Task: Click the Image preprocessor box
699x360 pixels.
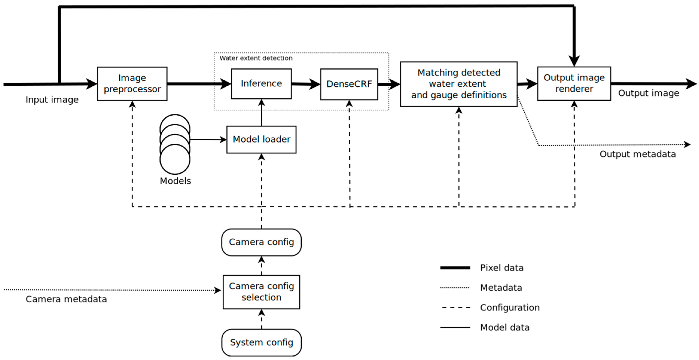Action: tap(132, 84)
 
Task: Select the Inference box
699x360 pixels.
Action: tap(261, 84)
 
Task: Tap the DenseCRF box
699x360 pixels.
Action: tap(349, 84)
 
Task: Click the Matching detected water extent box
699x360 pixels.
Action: tap(459, 84)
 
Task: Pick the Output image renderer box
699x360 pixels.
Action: tap(574, 83)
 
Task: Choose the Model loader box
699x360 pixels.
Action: tap(261, 140)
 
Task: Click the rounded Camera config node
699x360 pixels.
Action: tap(261, 242)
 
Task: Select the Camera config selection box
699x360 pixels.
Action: tap(261, 292)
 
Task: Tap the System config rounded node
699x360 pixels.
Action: tap(261, 342)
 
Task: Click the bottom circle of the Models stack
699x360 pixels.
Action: tap(175, 160)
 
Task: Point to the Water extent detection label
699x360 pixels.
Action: tap(256, 58)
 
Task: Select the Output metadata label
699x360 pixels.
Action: tap(637, 154)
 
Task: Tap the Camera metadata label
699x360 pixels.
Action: tap(66, 299)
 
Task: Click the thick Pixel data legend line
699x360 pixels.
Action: tap(455, 268)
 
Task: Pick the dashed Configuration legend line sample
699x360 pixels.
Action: tap(456, 308)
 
